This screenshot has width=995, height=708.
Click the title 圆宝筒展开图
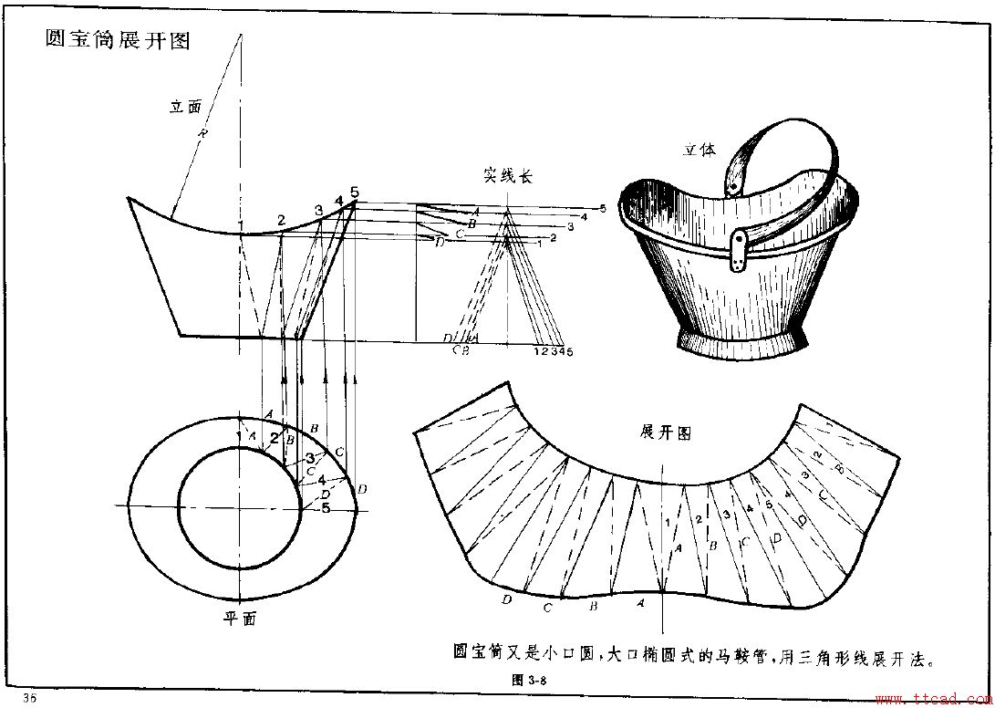point(118,40)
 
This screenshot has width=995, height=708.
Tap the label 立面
point(185,106)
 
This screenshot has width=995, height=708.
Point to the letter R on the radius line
point(203,134)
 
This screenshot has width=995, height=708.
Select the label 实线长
point(507,177)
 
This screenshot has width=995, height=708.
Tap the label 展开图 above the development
point(667,432)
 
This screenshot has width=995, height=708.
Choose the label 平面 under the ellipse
point(240,618)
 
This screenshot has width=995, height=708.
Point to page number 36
point(29,698)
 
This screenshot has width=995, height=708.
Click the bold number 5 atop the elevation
point(355,193)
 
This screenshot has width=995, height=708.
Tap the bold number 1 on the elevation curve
point(240,224)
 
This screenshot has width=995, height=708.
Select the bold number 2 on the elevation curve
point(282,220)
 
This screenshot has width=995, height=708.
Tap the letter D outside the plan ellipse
point(362,490)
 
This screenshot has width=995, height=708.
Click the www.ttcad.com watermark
point(931,699)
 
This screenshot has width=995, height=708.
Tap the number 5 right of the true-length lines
point(603,209)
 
